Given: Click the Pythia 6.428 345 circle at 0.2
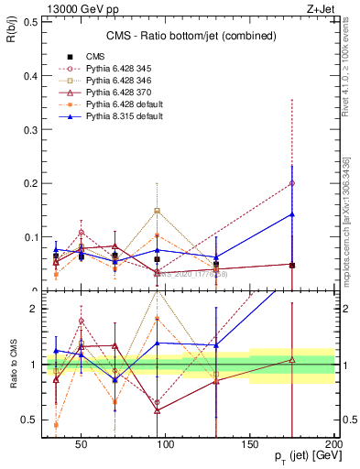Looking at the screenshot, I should click(x=292, y=183).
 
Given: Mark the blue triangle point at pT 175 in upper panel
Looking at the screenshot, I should click(x=292, y=214).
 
